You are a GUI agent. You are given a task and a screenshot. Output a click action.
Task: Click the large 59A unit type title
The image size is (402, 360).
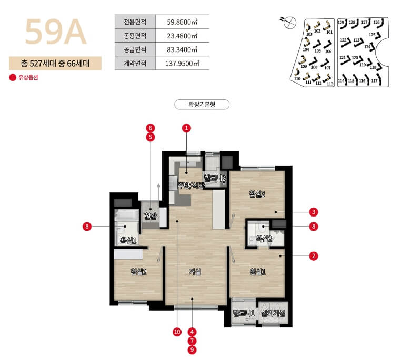55,33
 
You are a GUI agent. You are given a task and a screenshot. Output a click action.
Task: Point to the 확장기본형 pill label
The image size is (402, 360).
202,104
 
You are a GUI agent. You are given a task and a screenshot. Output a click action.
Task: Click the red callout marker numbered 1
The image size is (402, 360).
186,128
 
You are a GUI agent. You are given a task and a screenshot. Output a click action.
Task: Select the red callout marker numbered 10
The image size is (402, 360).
177,332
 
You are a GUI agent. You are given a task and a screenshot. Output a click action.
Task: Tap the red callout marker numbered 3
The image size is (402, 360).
314,212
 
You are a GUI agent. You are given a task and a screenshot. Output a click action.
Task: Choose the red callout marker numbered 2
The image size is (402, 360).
314,256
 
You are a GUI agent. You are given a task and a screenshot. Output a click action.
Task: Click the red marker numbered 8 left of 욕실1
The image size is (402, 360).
87,227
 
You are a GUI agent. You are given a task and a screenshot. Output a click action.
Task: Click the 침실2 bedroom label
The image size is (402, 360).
138,272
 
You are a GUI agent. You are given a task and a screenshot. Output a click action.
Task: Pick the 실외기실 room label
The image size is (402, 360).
274,314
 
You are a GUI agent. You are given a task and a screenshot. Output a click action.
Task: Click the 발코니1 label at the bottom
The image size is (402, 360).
244,314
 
